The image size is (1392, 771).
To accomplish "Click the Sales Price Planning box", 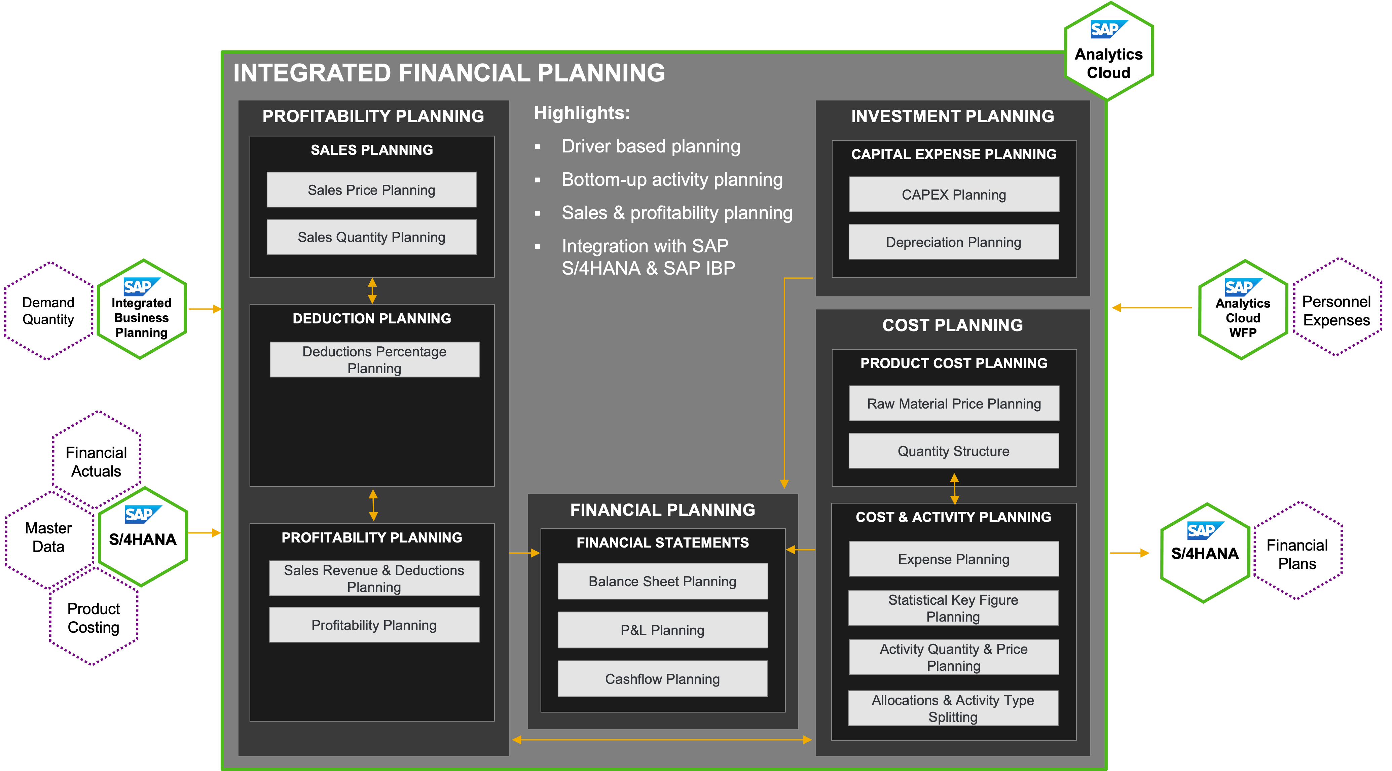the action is point(371,190).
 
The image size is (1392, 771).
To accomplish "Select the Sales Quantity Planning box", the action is point(371,237).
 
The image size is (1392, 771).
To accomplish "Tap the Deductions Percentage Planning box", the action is point(374,359).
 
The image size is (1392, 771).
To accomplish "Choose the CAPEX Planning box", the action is point(954,195).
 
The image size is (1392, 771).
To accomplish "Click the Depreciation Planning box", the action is point(954,242).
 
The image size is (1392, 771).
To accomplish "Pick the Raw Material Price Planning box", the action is point(954,404).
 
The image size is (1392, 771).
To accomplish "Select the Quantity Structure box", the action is point(954,451).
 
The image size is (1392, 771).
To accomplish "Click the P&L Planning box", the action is point(662,630).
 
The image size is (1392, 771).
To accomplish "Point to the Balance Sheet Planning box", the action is point(662,581).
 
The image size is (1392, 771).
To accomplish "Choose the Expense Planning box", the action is point(954,559).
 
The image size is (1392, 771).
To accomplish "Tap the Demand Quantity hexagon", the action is point(49,311).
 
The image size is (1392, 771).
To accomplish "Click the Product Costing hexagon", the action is point(94,618).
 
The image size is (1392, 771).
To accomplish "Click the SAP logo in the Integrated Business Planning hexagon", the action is point(142,286).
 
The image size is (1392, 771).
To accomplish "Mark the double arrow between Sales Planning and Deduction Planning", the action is point(372,291).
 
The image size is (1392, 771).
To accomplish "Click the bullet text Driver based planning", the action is point(651,146).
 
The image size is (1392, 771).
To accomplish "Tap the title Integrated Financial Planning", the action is point(449,73).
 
